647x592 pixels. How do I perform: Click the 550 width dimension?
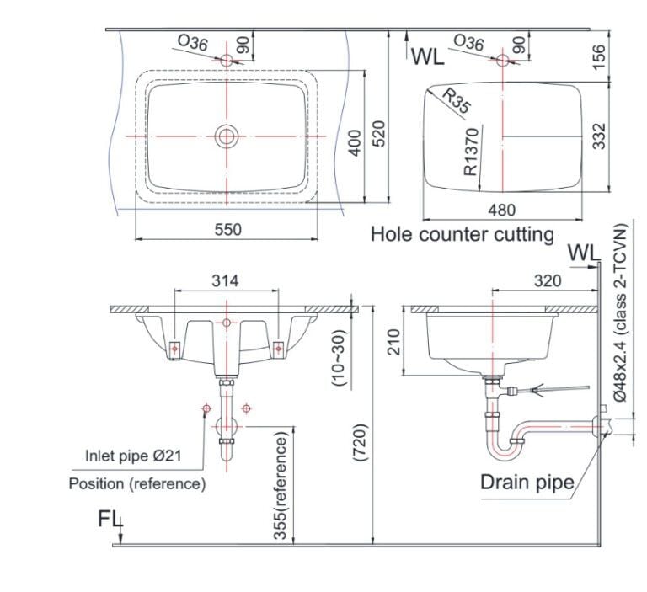tap(227, 229)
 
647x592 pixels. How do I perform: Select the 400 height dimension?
tap(355, 143)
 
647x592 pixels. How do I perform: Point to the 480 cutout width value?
tap(502, 210)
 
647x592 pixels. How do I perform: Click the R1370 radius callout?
tap(471, 152)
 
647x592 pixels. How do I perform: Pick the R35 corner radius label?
tap(457, 101)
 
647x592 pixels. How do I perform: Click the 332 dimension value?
tap(599, 136)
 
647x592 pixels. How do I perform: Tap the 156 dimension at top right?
tap(599, 56)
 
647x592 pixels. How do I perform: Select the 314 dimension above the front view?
tap(225, 281)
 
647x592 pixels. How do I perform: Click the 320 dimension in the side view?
tap(548, 281)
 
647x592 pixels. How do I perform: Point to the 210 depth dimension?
tap(394, 342)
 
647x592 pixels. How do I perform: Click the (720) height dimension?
tap(360, 443)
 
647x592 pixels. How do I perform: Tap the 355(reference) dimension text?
tap(281, 486)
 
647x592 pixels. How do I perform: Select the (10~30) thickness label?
tap(339, 357)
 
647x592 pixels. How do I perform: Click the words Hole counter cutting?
tap(463, 234)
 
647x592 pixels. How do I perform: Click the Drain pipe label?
tap(527, 482)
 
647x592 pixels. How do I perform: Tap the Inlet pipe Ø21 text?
tap(133, 456)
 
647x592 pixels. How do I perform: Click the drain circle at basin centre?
tap(226, 136)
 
